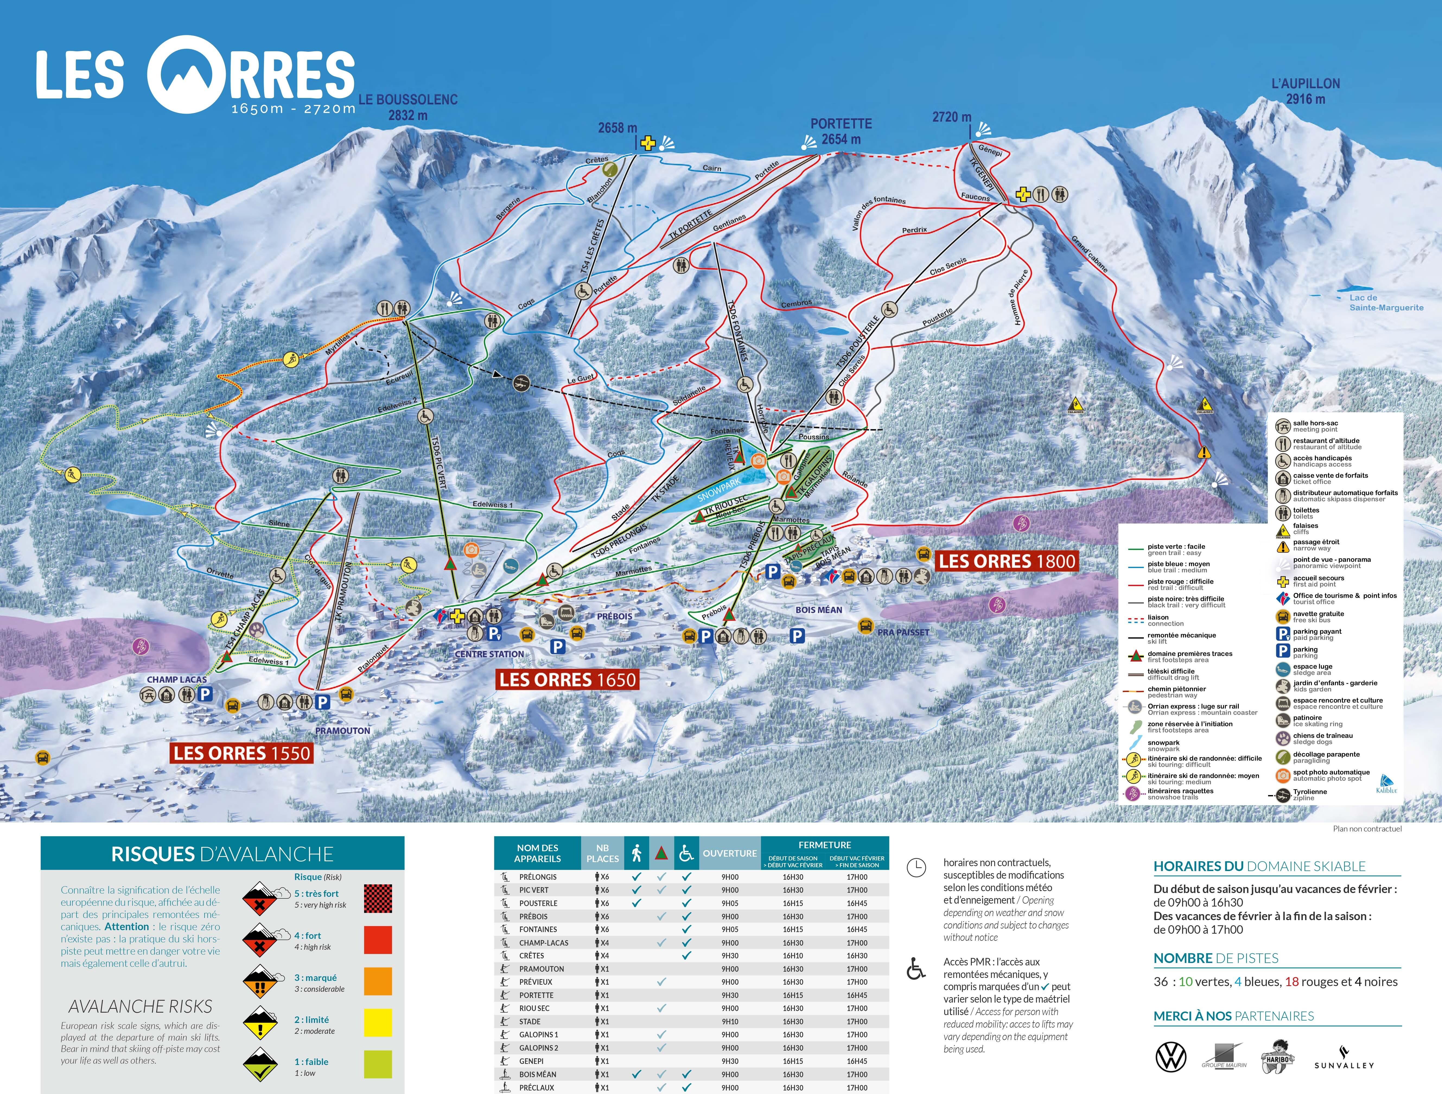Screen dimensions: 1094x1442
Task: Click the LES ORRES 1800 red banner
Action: pyautogui.click(x=1006, y=561)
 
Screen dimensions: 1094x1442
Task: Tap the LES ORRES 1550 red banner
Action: pyautogui.click(x=242, y=753)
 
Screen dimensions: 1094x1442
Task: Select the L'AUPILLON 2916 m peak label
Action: pyautogui.click(x=1306, y=91)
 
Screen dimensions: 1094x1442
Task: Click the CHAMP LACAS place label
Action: pyautogui.click(x=177, y=679)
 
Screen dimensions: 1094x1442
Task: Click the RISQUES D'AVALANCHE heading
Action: pyautogui.click(x=222, y=854)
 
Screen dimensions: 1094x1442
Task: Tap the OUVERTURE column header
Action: pyautogui.click(x=730, y=853)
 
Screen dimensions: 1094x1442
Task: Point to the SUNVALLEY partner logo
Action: pyautogui.click(x=1344, y=1059)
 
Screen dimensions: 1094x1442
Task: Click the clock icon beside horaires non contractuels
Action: pyautogui.click(x=916, y=868)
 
